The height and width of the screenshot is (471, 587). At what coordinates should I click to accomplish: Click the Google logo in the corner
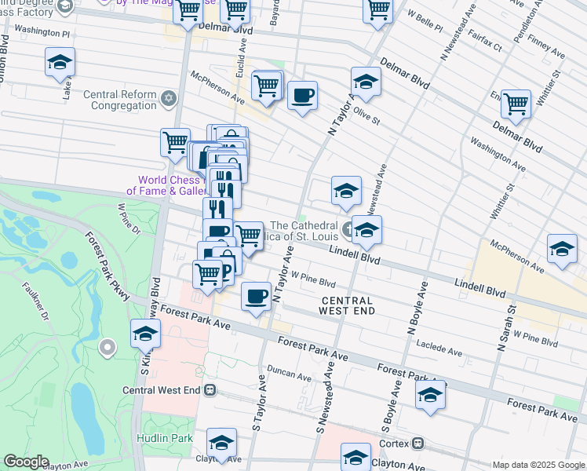pyautogui.click(x=25, y=462)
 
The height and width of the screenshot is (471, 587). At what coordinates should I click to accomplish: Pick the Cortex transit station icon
pyautogui.click(x=418, y=443)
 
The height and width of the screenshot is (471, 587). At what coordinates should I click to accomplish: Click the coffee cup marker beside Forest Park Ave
pyautogui.click(x=257, y=296)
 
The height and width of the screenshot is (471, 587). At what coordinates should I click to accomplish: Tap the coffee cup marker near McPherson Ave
pyautogui.click(x=302, y=96)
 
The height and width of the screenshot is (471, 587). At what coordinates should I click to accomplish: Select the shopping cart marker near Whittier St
pyautogui.click(x=515, y=102)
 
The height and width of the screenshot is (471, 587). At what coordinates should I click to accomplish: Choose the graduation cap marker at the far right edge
pyautogui.click(x=562, y=249)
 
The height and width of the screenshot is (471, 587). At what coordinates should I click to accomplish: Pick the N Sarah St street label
pyautogui.click(x=501, y=323)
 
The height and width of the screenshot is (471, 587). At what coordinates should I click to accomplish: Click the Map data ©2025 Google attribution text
pyautogui.click(x=538, y=465)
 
